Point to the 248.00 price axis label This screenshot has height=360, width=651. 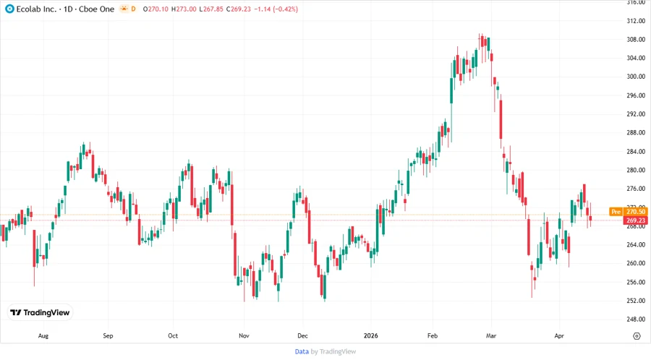tap(636, 320)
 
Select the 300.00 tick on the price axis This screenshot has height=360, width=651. tap(636, 77)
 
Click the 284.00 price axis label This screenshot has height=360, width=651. tap(636, 152)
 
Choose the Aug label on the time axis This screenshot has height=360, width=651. tap(43, 336)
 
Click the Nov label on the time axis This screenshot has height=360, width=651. tap(244, 336)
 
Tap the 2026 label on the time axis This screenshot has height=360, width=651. tap(371, 336)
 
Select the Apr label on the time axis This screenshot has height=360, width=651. tap(558, 336)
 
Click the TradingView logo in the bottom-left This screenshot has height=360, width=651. tap(41, 313)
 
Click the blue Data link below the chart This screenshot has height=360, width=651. tap(302, 351)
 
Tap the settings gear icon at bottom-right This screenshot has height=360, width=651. tap(636, 336)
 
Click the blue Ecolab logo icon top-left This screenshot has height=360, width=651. tap(9, 9)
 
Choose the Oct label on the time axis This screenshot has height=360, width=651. tap(173, 336)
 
